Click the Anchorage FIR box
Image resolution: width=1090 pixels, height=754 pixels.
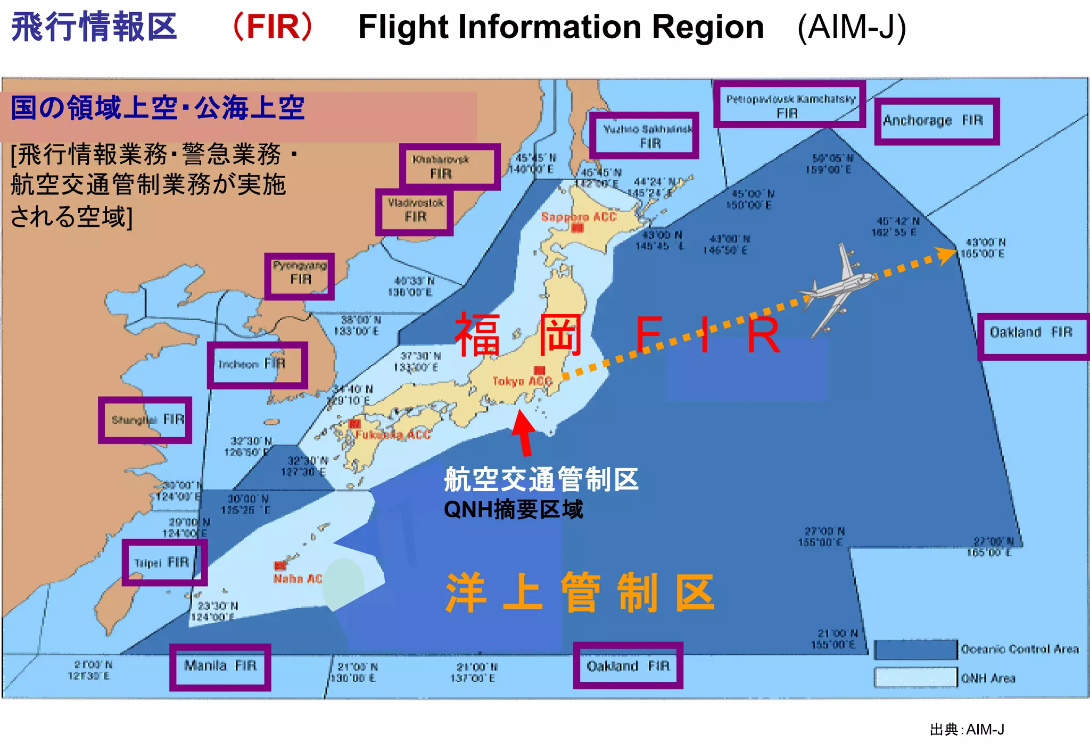pos(936,121)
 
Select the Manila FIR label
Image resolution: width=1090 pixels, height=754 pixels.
pos(220,667)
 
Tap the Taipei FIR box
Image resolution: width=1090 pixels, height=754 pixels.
pos(164,563)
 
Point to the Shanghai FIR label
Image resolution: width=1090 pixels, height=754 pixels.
pos(145,420)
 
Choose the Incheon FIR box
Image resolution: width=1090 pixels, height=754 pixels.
pos(257,365)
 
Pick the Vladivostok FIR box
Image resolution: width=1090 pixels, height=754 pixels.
pos(415,212)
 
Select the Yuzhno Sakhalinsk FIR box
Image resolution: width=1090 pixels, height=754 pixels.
pos(644,136)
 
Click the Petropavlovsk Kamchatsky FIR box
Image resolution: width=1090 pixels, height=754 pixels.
pos(789,105)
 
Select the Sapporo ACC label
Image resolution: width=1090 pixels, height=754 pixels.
pos(579,217)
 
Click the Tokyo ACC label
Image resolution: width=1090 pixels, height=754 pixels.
pos(522,381)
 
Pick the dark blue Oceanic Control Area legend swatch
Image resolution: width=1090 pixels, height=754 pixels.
pos(915,649)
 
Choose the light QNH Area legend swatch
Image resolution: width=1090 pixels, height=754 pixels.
pos(915,677)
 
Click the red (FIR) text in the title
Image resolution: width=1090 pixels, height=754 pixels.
pos(272,27)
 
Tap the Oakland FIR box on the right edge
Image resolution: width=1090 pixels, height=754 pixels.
pos(1033,336)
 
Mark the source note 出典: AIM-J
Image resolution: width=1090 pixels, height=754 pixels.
pos(967,730)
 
